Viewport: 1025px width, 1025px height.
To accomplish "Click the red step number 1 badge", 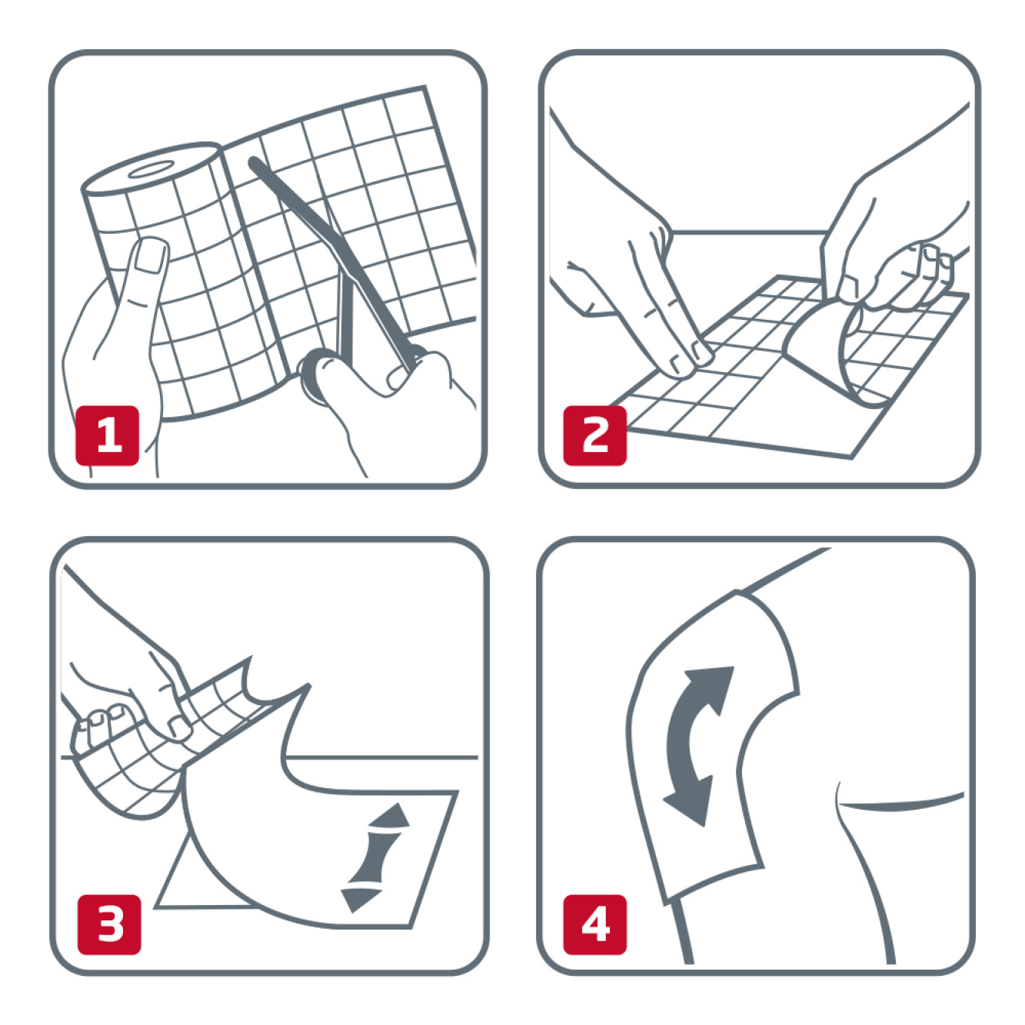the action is (x=108, y=436).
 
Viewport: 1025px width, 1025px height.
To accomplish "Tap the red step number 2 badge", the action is (x=594, y=436).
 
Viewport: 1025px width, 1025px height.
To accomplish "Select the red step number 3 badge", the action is (x=110, y=925).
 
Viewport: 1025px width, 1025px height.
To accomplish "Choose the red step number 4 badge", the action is (x=594, y=925).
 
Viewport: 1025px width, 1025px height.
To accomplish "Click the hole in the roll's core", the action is (x=150, y=169).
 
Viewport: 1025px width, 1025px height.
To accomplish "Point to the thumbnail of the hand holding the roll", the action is (x=150, y=256).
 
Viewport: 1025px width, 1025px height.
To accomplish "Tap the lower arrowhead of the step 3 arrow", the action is (x=360, y=899).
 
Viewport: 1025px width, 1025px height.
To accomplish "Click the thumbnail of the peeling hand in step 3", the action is (x=178, y=726).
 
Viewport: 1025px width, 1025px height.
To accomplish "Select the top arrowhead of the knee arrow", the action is (x=715, y=685).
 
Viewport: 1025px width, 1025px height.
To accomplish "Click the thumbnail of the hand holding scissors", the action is (x=398, y=378).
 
